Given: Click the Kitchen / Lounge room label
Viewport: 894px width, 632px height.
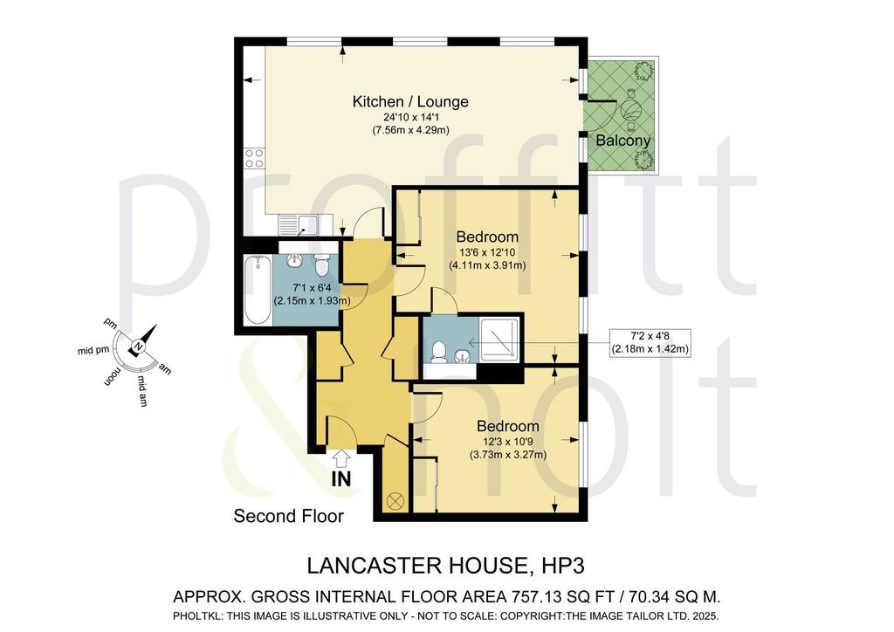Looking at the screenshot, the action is pos(410,101).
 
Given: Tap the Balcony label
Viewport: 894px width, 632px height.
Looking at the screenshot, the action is pos(622,141).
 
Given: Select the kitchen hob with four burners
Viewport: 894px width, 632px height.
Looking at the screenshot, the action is pos(254,158).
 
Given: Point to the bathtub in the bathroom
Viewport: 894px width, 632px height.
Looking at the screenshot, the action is pos(258,290).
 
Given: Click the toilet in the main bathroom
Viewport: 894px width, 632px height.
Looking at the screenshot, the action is pos(322,264).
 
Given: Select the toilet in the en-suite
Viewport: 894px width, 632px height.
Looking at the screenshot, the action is pos(439,352).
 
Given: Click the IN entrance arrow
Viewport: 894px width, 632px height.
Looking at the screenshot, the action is pos(341,457).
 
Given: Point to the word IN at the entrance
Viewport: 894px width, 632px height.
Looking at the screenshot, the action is pos(341,479).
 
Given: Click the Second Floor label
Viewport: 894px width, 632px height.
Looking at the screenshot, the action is pos(288,516).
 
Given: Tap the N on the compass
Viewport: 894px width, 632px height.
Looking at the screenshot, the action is pos(138,347).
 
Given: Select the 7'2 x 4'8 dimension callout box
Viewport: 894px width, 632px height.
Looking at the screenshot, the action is pos(650,343).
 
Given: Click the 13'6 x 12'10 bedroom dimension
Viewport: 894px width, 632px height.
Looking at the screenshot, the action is pos(487,252).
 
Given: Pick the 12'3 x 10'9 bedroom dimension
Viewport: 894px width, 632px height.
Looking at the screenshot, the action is pos(507,441).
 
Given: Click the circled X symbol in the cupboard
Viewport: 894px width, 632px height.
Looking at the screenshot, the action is pos(395,501).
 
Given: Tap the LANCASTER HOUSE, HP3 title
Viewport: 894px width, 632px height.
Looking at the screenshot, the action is pos(446,566).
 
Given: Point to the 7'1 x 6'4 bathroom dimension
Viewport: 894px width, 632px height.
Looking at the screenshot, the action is pos(312,288).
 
